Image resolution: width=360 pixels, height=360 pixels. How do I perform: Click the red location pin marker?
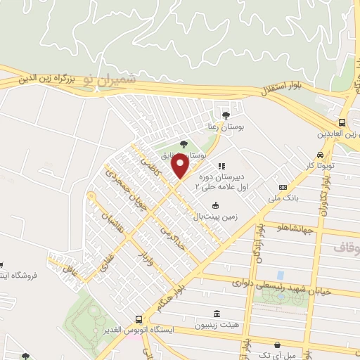tap(181, 166)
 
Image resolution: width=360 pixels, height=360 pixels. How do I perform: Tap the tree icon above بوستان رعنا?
tap(226, 115)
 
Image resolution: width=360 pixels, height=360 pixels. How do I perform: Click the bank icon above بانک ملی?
tap(283, 188)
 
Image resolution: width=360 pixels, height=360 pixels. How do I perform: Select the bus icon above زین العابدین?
tap(342, 121)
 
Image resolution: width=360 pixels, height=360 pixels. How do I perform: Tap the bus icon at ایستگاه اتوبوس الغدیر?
tap(139, 319)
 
